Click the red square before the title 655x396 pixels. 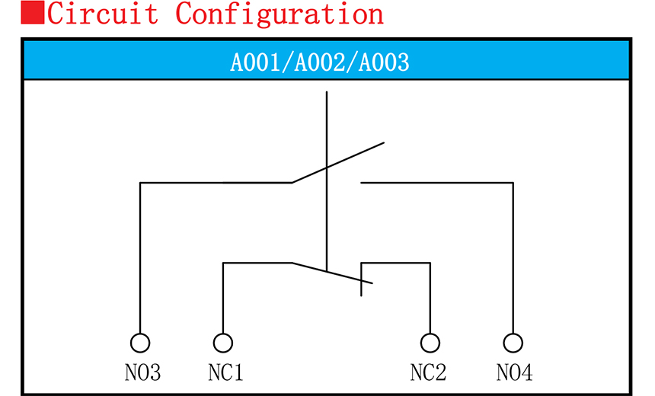click(x=32, y=13)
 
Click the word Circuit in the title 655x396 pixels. click(x=103, y=13)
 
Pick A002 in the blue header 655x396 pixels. click(x=320, y=62)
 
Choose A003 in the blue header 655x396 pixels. click(x=384, y=62)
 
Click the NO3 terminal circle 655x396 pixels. click(x=140, y=343)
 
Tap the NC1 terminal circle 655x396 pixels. click(x=223, y=343)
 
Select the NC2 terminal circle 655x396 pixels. click(x=430, y=343)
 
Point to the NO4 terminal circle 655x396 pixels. click(x=514, y=343)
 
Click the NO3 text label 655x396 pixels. click(x=142, y=373)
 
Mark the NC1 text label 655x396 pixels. click(x=225, y=373)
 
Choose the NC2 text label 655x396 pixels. click(x=428, y=373)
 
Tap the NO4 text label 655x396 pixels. click(x=515, y=373)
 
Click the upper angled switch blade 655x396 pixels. click(x=338, y=162)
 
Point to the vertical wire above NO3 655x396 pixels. click(x=140, y=259)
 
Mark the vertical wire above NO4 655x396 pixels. click(x=514, y=259)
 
